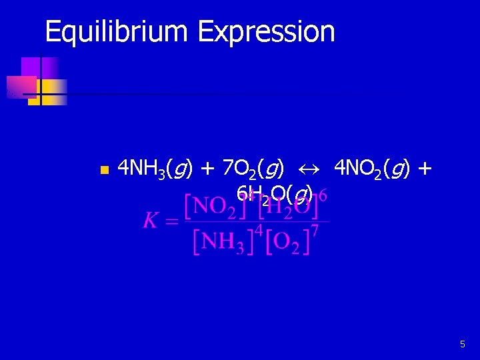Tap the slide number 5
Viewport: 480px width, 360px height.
(463, 345)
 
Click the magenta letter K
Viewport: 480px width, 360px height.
(151, 221)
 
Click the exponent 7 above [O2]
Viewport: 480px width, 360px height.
(315, 230)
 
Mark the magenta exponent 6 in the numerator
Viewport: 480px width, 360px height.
(323, 195)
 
